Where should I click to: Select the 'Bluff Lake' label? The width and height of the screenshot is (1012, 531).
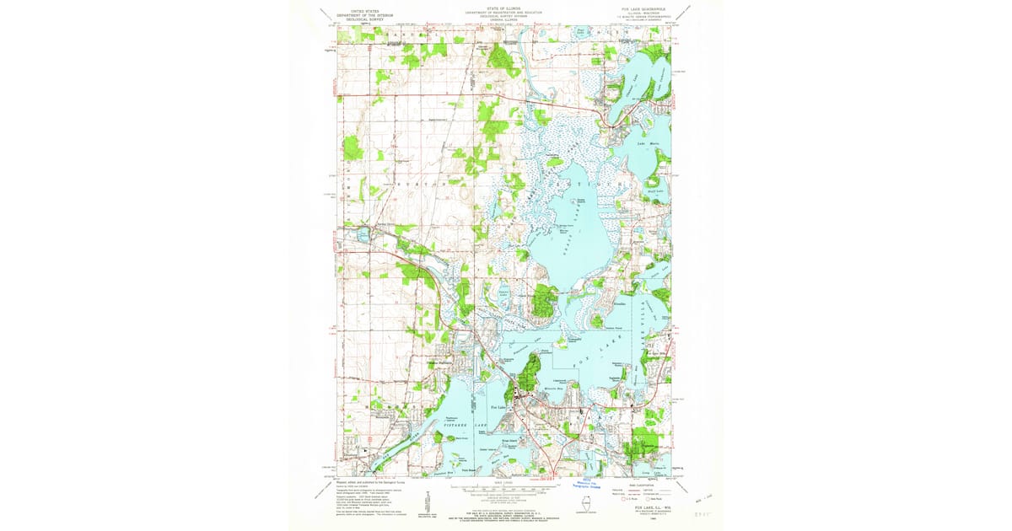coord(657,191)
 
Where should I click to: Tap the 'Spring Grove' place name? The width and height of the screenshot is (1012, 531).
coord(371,227)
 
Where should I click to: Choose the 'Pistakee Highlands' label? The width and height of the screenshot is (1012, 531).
coord(440,363)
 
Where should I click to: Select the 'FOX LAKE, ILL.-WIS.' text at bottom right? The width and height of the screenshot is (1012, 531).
coord(644,509)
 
